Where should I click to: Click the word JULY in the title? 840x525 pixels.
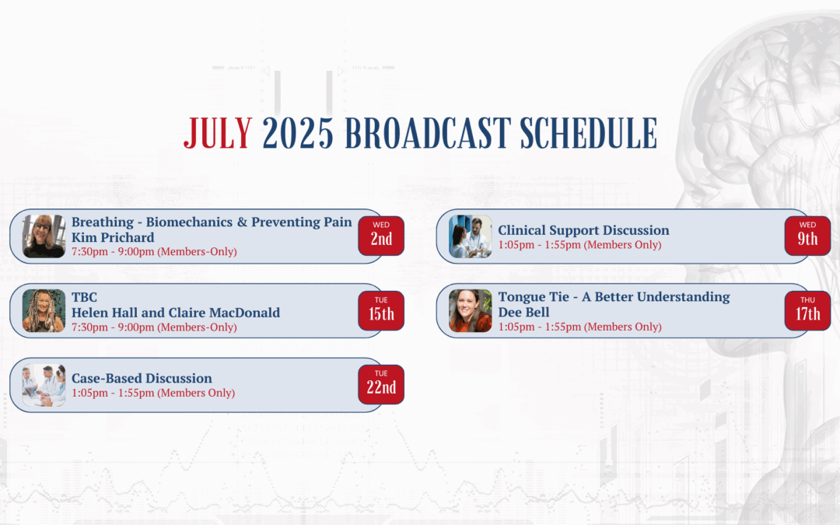[218, 133]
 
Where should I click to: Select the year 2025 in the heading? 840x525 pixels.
[298, 133]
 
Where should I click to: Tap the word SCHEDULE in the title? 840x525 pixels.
[588, 133]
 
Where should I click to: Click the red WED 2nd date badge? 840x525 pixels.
[381, 236]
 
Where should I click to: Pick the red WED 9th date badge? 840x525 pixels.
[807, 236]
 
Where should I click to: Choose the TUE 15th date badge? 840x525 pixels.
[381, 310]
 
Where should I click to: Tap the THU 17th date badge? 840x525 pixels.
[807, 310]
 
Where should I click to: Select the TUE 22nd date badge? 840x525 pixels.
[381, 385]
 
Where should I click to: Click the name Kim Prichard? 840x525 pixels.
[113, 237]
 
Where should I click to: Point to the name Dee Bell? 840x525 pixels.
[523, 313]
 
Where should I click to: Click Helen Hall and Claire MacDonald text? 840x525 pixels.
[176, 313]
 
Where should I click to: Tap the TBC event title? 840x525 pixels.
[84, 297]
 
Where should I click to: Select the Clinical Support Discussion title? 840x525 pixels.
[583, 230]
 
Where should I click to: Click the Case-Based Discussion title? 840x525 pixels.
[142, 378]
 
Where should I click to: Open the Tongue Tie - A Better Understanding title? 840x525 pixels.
[614, 297]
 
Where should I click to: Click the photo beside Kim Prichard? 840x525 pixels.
[44, 236]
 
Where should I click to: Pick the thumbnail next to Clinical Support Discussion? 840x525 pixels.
[471, 236]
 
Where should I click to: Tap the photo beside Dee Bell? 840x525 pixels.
[471, 310]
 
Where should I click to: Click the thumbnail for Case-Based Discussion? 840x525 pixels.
[44, 385]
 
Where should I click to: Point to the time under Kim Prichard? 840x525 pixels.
[154, 252]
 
